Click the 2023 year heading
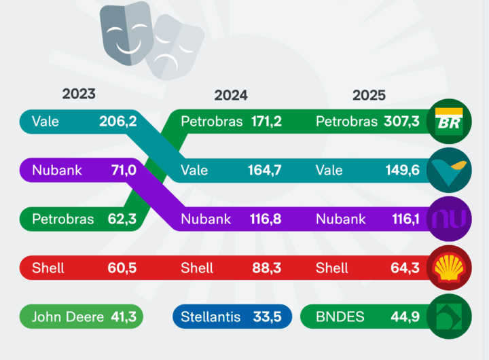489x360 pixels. pos(79,94)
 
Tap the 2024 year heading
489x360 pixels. pos(231,95)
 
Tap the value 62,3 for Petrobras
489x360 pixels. pos(122,219)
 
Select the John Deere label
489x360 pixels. pos(68,317)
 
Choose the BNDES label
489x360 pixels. pos(341,317)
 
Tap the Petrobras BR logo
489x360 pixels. pos(449,122)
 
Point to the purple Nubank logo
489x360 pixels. pos(449,219)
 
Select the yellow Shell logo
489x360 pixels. pos(449,268)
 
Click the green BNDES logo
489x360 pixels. pos(449,317)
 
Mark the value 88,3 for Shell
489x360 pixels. pos(267,268)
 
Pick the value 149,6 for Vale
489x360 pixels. pos(401,170)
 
